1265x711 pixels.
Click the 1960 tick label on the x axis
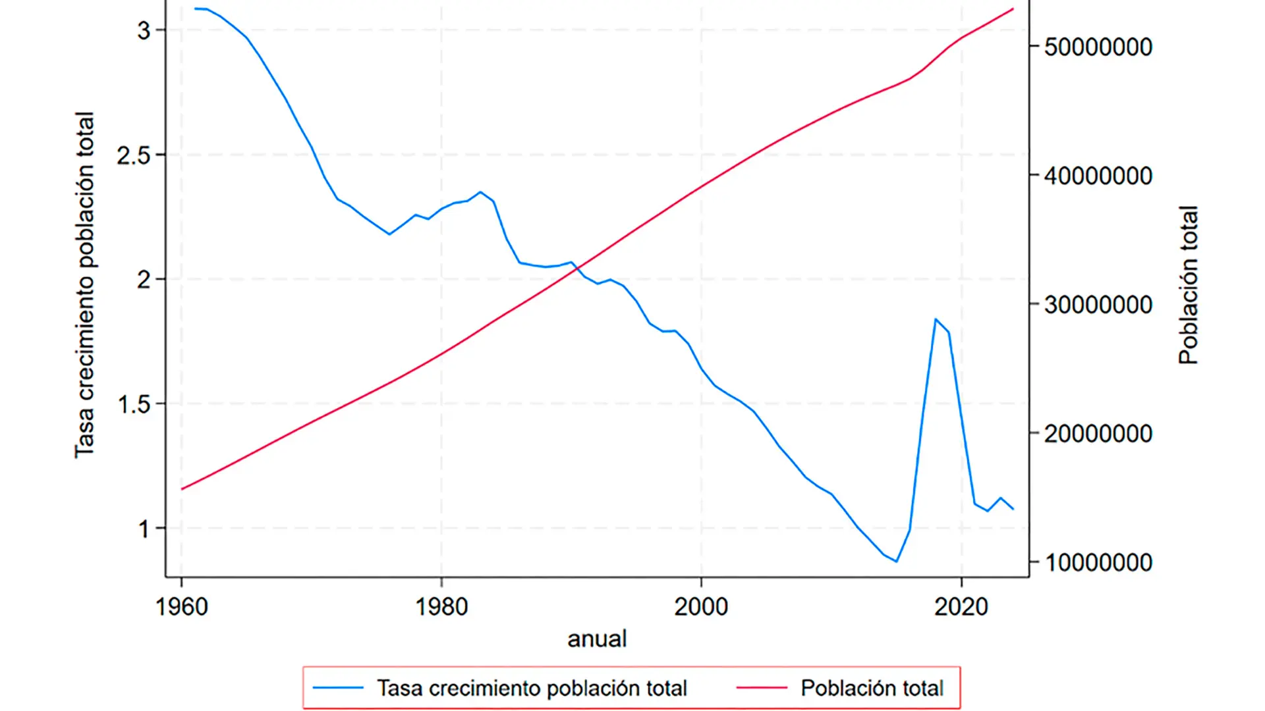(181, 606)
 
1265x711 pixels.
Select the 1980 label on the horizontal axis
(441, 606)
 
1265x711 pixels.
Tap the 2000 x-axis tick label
(701, 606)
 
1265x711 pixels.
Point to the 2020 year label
(961, 606)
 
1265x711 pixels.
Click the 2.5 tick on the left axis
(134, 155)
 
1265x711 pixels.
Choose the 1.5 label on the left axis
(134, 404)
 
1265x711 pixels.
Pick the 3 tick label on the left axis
(144, 30)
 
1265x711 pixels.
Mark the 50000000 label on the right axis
(1098, 47)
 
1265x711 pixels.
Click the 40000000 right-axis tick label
(1098, 176)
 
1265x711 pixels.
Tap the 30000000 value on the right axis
(1098, 305)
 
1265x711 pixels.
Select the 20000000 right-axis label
(1098, 434)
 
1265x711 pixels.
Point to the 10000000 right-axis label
(1098, 563)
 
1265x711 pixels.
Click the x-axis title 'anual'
(597, 639)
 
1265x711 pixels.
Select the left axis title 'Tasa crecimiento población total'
(84, 284)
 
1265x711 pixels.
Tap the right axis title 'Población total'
(1188, 284)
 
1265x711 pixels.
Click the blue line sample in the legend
(338, 688)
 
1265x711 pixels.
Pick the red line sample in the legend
(762, 688)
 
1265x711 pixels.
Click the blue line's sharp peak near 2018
(936, 319)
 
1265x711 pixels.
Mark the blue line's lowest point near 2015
(897, 562)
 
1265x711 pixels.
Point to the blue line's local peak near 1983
(480, 192)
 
